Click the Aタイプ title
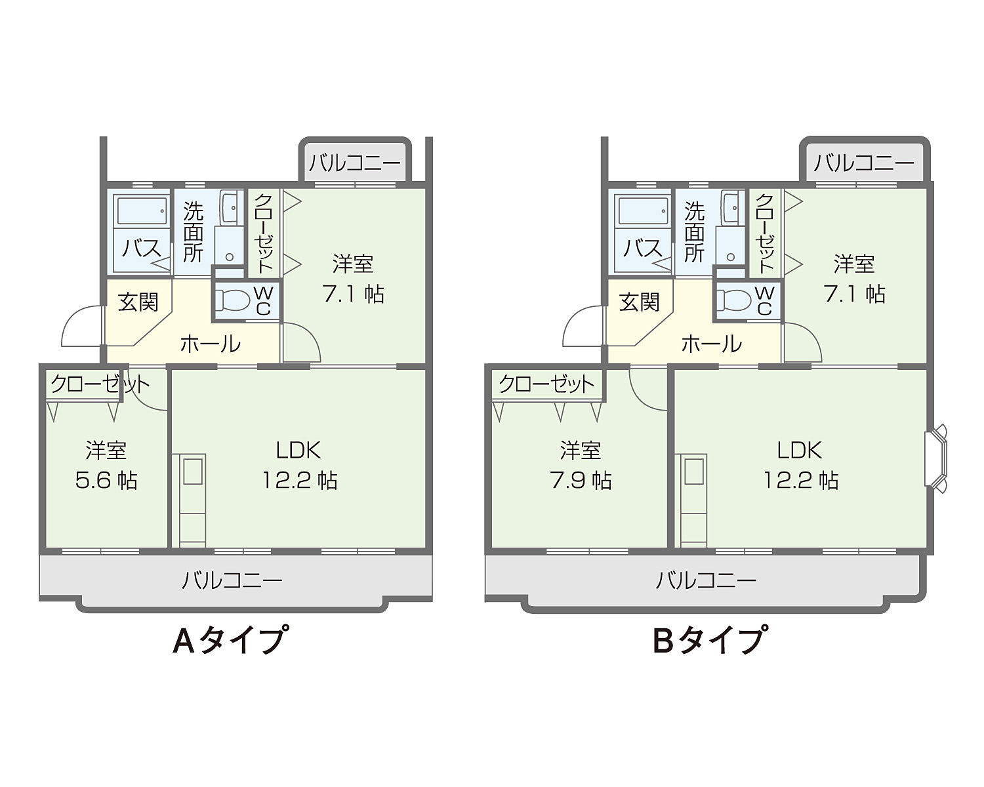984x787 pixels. pos(231,640)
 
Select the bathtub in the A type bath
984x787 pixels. pos(142,210)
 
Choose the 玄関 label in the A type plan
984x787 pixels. pos(138,302)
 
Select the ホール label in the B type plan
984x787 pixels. pos(712,344)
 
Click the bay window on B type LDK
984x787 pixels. pos(935,458)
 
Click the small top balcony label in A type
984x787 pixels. pos(355,163)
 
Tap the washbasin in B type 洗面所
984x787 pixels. pos(731,207)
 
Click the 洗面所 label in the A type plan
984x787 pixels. pos(193,232)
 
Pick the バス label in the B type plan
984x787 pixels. pos(643,249)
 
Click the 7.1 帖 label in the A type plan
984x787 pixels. pos(354,294)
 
